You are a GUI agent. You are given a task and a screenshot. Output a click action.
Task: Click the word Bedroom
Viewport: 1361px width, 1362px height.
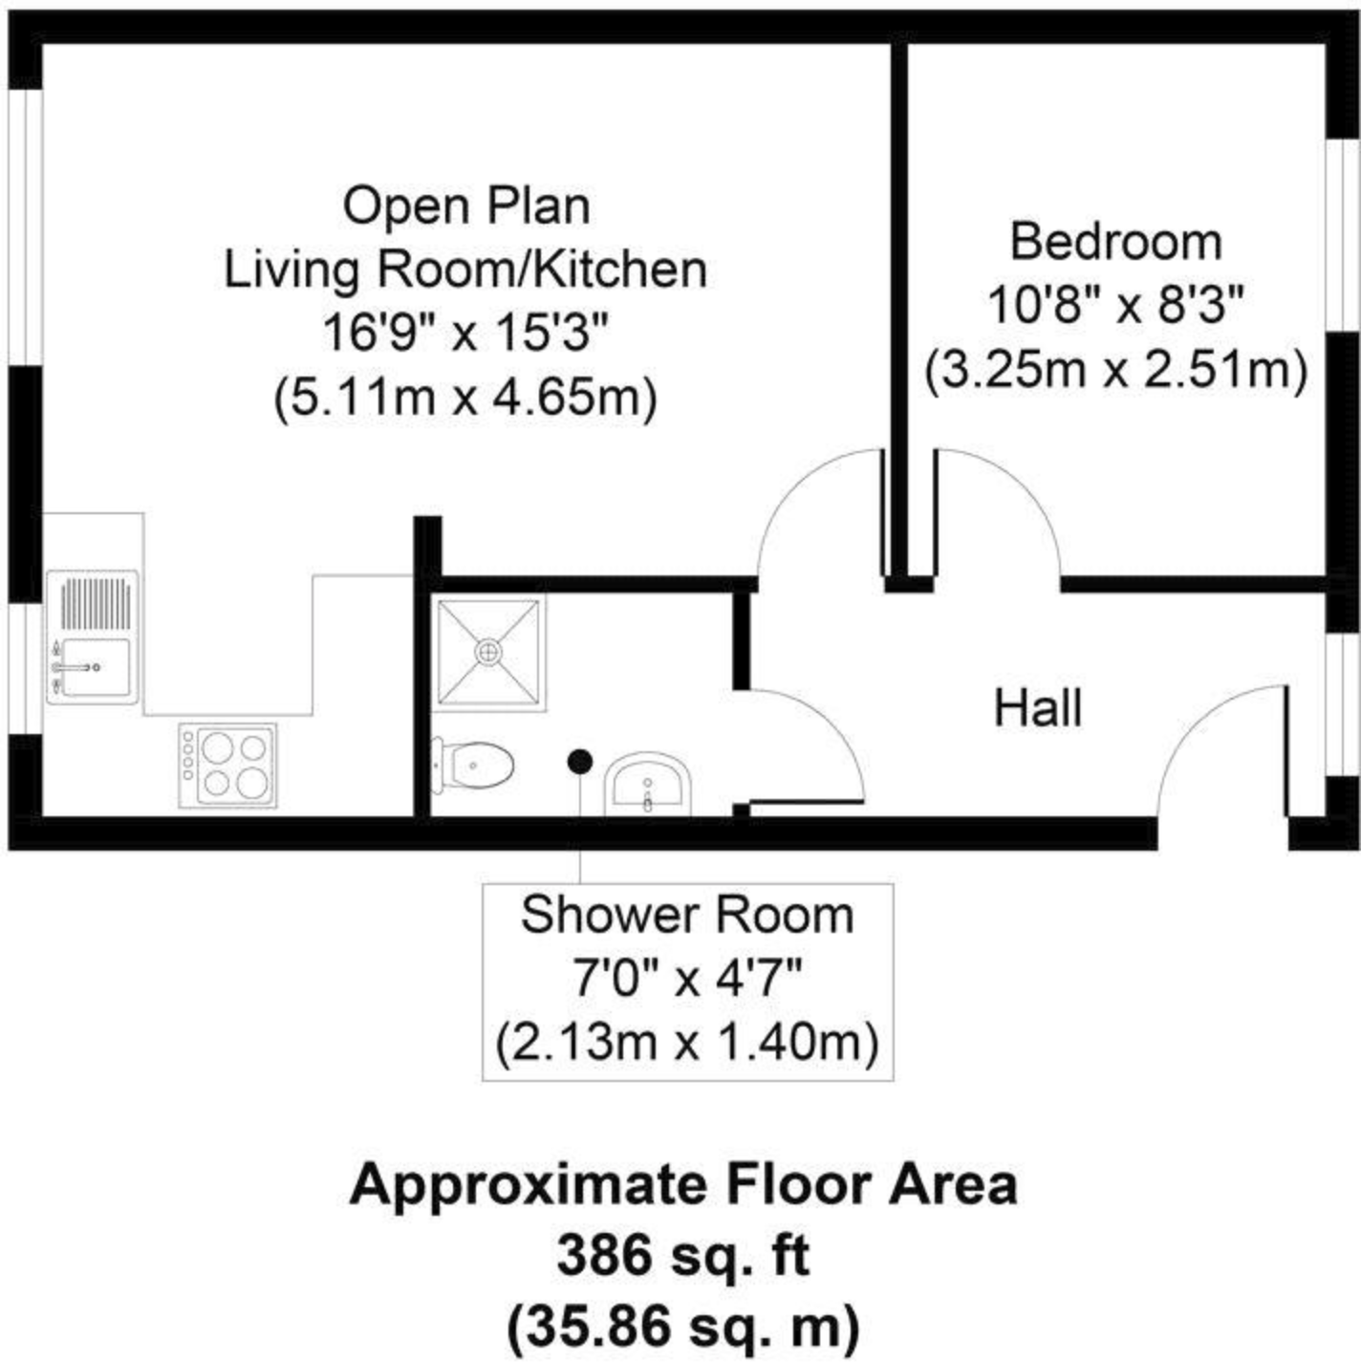pos(1115,242)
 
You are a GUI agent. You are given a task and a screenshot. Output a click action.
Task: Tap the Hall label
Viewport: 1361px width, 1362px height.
pos(1038,709)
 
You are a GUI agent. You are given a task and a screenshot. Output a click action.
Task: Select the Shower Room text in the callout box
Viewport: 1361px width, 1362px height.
pos(686,915)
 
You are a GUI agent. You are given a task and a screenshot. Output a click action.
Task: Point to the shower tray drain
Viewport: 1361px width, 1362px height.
pos(488,652)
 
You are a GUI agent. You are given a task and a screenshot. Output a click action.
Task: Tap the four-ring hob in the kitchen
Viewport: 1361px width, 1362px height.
pos(227,765)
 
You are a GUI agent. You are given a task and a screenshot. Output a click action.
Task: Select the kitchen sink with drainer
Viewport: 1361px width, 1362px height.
pos(92,638)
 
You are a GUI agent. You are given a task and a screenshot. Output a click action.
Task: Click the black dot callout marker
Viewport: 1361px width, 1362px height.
pos(579,762)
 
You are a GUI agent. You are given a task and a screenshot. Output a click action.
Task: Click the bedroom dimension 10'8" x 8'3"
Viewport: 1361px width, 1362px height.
pos(1115,307)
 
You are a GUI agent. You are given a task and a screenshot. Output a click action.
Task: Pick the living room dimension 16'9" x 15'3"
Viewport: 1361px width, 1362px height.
pos(465,334)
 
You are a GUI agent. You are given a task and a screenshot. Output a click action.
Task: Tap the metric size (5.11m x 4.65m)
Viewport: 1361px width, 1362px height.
pos(465,397)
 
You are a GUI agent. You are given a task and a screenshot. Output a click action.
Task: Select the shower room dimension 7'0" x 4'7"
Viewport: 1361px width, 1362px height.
pos(686,979)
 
